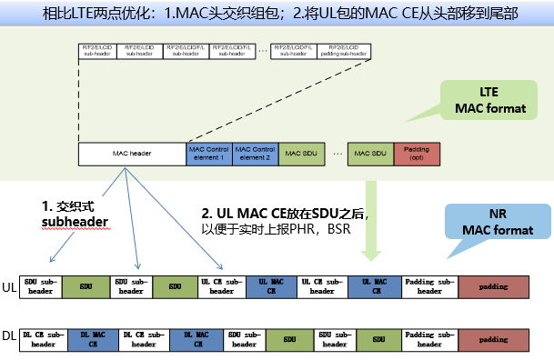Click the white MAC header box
(132, 154)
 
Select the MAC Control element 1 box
(208, 154)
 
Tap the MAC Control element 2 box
(255, 154)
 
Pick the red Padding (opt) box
(416, 154)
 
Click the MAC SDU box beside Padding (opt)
(369, 154)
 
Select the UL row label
(10, 286)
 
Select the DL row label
(10, 338)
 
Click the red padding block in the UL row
(494, 286)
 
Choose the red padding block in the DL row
(494, 338)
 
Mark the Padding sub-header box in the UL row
(430, 286)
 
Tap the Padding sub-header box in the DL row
(430, 338)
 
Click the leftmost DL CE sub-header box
(43, 338)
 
